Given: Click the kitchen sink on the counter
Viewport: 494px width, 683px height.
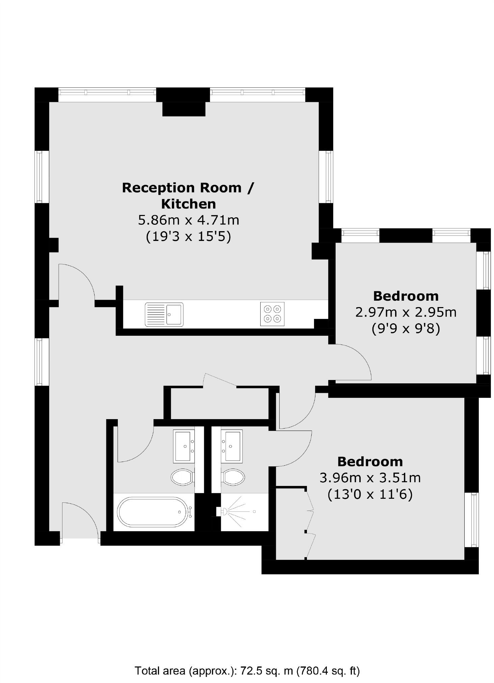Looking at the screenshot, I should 164,314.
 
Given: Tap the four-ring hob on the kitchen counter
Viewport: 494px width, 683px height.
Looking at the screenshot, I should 272,314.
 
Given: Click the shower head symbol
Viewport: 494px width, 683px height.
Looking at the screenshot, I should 224,512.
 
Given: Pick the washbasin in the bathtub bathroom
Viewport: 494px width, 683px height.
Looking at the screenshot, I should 184,446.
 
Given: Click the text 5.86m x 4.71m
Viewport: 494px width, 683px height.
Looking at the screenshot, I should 188,220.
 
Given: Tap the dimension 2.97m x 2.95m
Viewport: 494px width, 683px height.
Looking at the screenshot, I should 406,312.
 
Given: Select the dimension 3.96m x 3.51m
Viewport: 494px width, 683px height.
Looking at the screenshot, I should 370,478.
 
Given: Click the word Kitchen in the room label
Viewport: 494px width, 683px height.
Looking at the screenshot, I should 188,204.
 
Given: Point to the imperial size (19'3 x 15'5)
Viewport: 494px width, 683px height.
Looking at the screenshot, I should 188,236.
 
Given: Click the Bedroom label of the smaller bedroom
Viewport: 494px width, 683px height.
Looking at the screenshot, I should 406,296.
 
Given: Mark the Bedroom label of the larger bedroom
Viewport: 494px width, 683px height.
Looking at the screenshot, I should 370,461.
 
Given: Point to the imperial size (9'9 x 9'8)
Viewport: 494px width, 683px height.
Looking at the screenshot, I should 406,328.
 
